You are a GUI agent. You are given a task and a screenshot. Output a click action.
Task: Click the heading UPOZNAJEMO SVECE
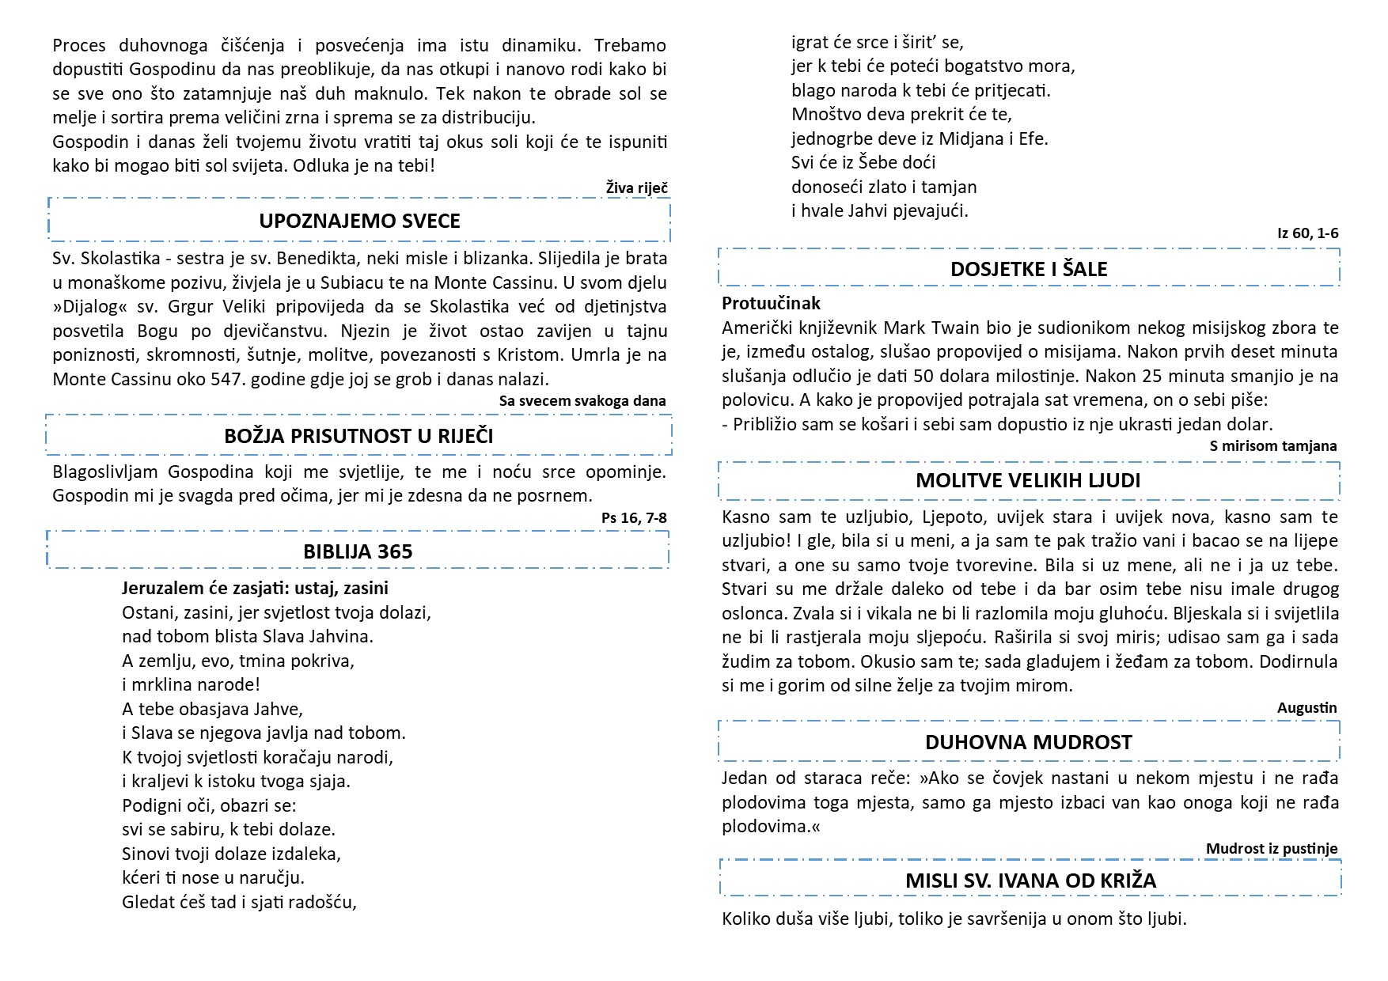(359, 221)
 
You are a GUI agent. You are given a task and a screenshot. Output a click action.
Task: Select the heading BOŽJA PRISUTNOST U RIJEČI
(358, 436)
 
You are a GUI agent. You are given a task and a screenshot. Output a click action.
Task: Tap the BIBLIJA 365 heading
(358, 551)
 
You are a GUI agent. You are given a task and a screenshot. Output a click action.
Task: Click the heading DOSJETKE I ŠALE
(1029, 269)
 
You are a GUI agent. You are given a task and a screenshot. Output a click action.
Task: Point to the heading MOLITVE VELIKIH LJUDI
(1028, 480)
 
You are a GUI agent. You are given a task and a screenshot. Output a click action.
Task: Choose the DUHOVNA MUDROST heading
(1028, 742)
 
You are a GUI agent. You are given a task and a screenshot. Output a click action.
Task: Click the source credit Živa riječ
(636, 187)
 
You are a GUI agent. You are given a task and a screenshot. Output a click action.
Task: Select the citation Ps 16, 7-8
(634, 518)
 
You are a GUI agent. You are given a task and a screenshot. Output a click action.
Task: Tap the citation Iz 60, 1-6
(1307, 233)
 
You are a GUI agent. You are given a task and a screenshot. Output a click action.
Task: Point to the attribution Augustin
(1306, 708)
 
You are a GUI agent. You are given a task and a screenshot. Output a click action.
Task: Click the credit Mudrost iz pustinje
(1271, 849)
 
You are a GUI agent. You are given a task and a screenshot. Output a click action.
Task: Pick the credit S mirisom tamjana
(1272, 446)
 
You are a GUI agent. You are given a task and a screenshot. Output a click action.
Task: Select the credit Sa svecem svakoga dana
(582, 401)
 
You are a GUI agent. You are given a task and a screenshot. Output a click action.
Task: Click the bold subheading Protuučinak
(771, 303)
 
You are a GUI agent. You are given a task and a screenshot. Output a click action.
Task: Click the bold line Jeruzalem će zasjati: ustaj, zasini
(255, 588)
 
